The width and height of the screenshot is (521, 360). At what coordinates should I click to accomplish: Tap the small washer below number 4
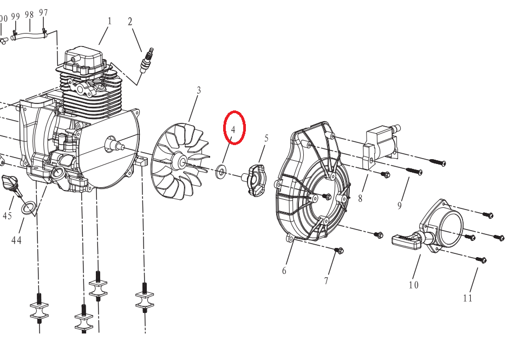point(221,173)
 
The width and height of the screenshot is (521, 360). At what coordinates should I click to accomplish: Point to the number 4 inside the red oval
point(233,130)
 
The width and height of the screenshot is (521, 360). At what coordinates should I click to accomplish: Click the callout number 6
point(284,270)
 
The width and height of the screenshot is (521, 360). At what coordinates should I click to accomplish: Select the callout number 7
point(326,280)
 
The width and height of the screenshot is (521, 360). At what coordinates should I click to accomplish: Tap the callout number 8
point(360,199)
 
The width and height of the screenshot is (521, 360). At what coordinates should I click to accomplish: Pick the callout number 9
point(399,205)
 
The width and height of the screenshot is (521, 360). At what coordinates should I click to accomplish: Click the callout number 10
point(413,285)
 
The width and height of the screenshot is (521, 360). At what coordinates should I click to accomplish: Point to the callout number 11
point(467,297)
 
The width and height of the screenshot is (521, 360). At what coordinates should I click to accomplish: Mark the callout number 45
point(7,216)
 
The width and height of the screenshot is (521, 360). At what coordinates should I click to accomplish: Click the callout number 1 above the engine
point(109,21)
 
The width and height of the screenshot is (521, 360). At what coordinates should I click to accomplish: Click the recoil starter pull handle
point(406,241)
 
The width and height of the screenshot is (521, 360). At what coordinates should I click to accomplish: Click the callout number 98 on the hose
point(29,15)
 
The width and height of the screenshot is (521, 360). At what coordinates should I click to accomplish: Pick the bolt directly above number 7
point(340,250)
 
